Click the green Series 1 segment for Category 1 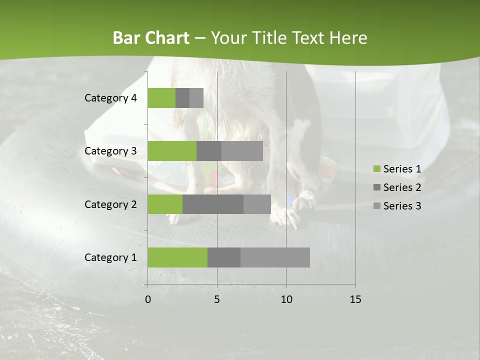(x=177, y=257)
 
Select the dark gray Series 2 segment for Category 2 (x=213, y=204)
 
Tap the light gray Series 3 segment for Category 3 (x=242, y=151)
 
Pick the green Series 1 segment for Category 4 (x=161, y=98)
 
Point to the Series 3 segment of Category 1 (x=275, y=257)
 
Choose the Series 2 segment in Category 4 (x=182, y=98)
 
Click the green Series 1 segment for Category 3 (x=172, y=151)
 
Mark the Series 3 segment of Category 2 (x=257, y=204)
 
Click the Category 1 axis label (x=110, y=257)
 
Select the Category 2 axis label (x=110, y=204)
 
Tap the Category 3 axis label (x=110, y=151)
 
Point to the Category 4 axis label (x=110, y=98)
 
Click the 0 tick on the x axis (x=148, y=299)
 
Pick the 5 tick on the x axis (x=217, y=299)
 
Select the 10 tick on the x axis (x=286, y=299)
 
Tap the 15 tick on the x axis (x=355, y=299)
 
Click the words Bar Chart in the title (x=151, y=38)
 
